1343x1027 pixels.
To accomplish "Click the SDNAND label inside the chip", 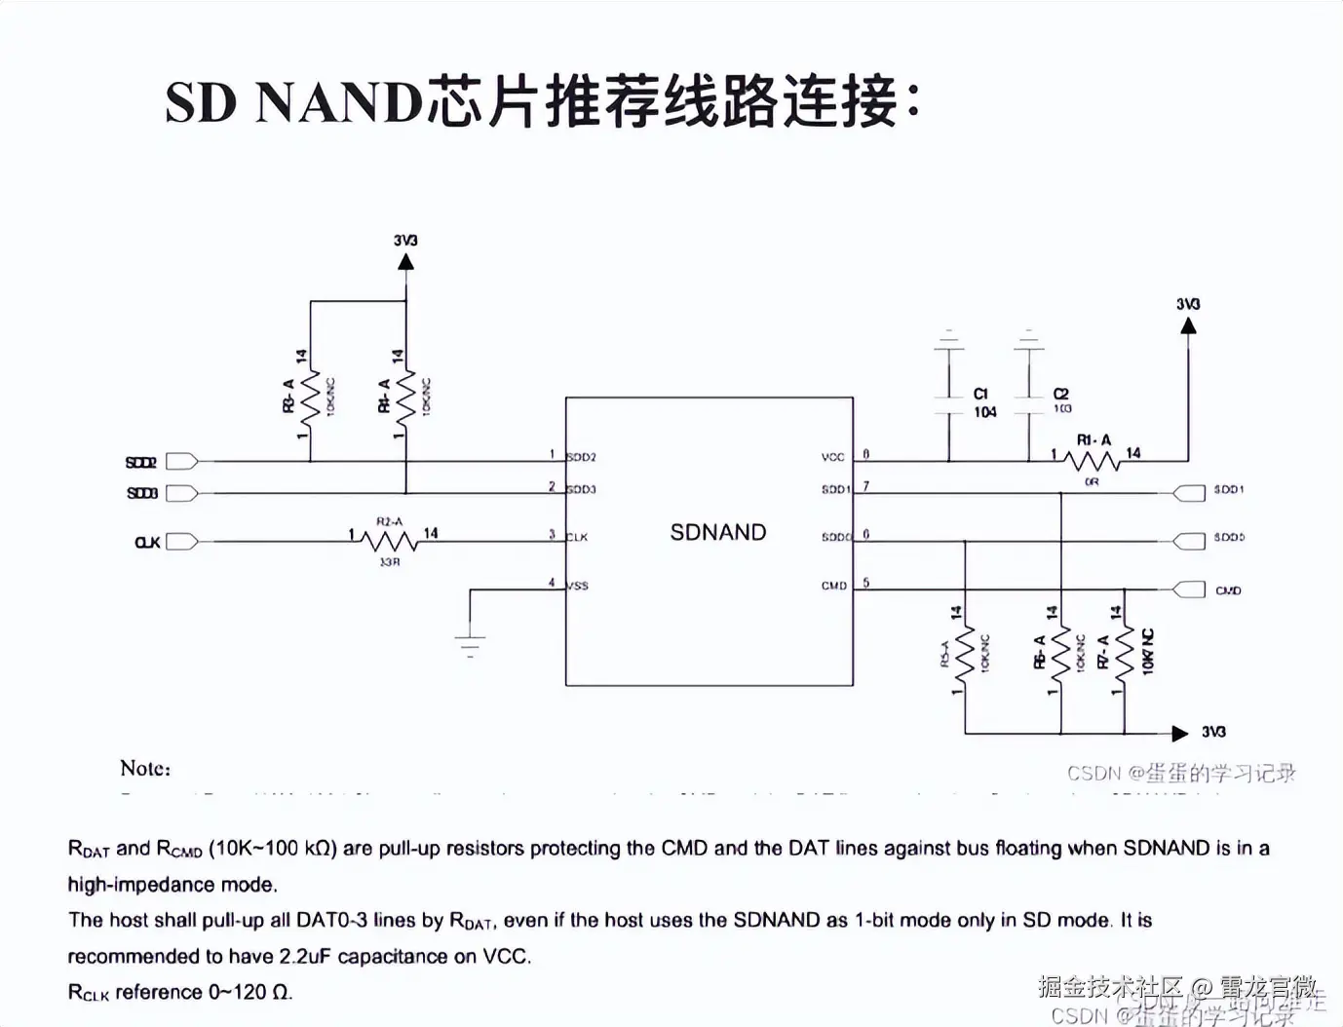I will pyautogui.click(x=718, y=532).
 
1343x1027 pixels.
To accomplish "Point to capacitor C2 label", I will pyautogui.click(x=1061, y=394).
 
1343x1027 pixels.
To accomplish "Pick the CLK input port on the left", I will pyautogui.click(x=182, y=542).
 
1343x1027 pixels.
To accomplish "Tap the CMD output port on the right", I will pyautogui.click(x=1189, y=590).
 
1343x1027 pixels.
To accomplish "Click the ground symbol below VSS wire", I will pyautogui.click(x=470, y=644).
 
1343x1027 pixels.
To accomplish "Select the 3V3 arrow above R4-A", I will pyautogui.click(x=406, y=261).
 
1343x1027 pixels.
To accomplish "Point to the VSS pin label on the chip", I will pyautogui.click(x=578, y=587).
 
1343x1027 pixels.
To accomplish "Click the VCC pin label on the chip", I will pyautogui.click(x=832, y=457).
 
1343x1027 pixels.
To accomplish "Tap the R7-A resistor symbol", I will pyautogui.click(x=1125, y=657).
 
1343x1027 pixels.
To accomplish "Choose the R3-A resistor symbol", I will pyautogui.click(x=311, y=399).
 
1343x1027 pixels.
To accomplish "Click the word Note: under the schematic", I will pyautogui.click(x=145, y=768).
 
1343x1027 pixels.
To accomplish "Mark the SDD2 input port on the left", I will pyautogui.click(x=182, y=462).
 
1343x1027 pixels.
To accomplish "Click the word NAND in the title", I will pyautogui.click(x=337, y=101).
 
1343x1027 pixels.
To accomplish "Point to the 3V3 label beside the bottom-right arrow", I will pyautogui.click(x=1213, y=732).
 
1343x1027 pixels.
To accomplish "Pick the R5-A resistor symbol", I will pyautogui.click(x=965, y=657).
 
